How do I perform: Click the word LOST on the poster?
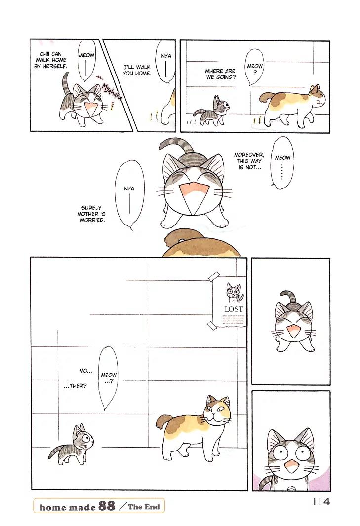click(234, 309)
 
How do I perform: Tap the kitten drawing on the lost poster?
click(235, 293)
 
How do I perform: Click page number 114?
click(321, 502)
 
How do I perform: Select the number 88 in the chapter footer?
click(107, 506)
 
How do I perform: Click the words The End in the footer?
click(144, 507)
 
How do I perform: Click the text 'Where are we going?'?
click(220, 74)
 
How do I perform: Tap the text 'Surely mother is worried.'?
click(91, 214)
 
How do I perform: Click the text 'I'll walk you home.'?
click(137, 70)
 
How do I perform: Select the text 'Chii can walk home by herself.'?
click(51, 60)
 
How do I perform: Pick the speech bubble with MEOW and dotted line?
click(282, 163)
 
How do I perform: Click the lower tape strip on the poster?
click(211, 325)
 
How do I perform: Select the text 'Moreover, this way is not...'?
click(249, 161)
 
